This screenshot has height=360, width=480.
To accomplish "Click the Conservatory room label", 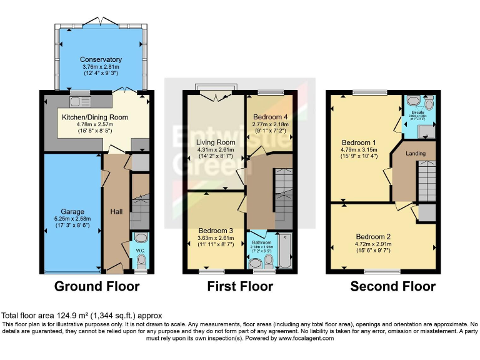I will [x=101, y=60].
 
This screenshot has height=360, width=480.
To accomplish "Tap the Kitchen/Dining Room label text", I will [x=94, y=117].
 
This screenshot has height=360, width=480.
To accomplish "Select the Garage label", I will [x=72, y=212].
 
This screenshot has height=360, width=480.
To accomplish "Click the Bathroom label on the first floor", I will [x=262, y=242].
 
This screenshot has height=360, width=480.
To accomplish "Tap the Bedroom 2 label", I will [x=373, y=236].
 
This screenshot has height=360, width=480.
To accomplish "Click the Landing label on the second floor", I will [x=416, y=153].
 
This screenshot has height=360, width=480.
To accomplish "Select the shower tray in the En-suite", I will [x=427, y=130].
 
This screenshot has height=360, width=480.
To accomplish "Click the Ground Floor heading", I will [x=97, y=286].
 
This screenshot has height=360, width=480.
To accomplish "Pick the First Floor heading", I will [x=240, y=286].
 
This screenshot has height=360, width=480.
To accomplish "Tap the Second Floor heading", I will [x=392, y=286].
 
